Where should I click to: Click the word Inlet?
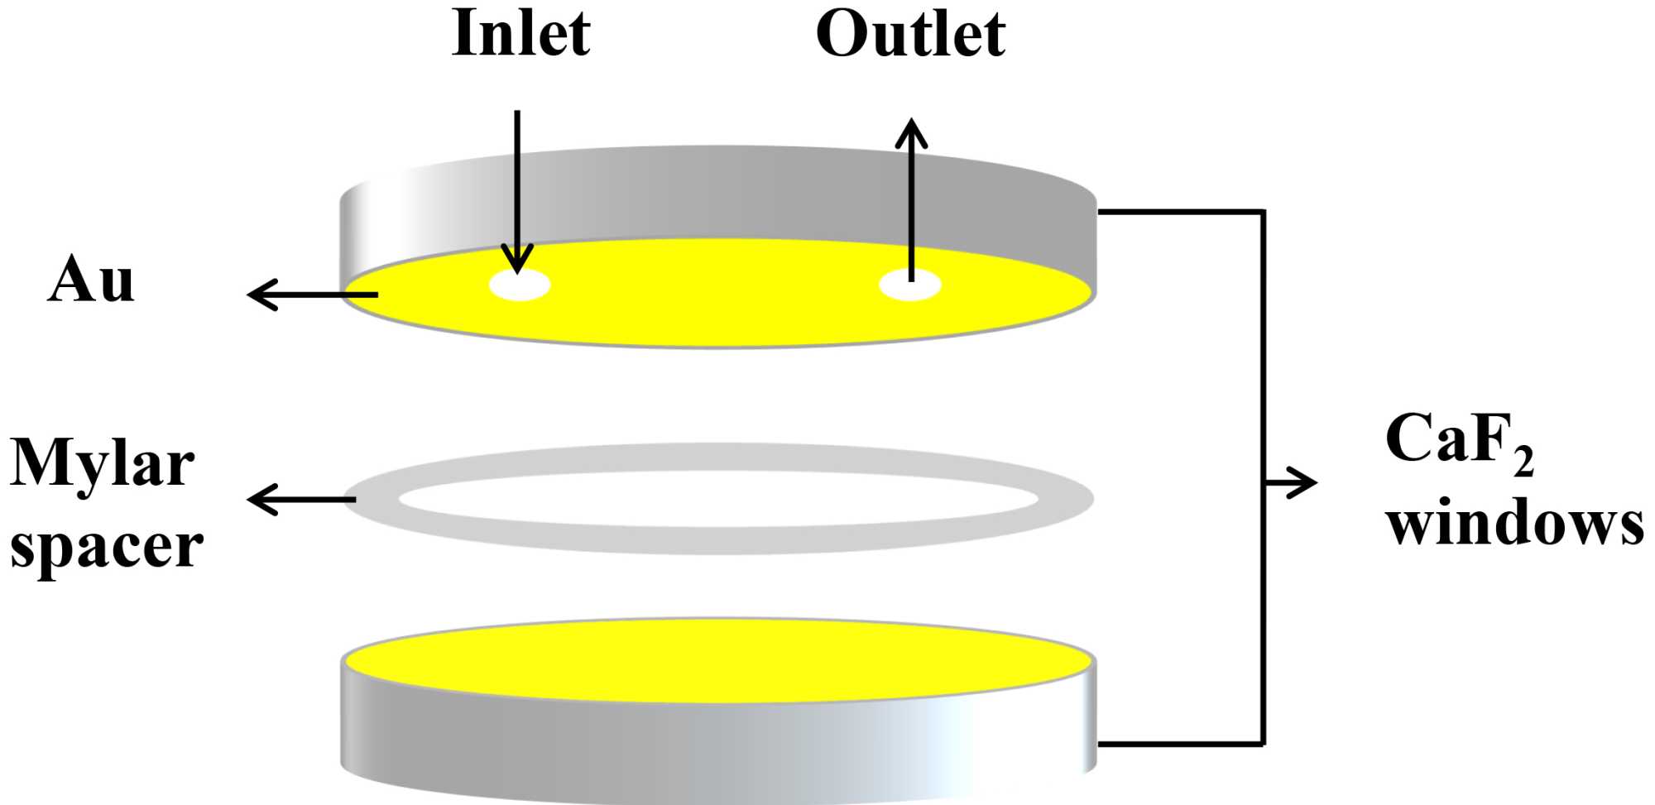(x=521, y=35)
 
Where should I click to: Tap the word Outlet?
(x=910, y=35)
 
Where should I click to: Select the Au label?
(x=91, y=280)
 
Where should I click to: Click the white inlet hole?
(x=520, y=286)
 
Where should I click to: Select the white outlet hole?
(x=909, y=286)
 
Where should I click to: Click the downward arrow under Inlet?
(x=518, y=190)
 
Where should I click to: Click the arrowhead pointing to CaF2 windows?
(x=1303, y=482)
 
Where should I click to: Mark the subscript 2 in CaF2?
(x=1523, y=463)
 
